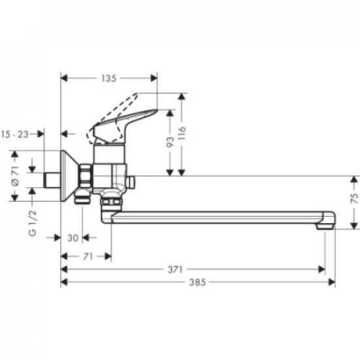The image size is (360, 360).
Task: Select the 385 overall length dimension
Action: point(197,283)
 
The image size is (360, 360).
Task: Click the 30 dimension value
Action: point(73,238)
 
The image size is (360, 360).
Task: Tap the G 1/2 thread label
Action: point(31,222)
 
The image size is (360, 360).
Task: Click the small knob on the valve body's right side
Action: point(131,181)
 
